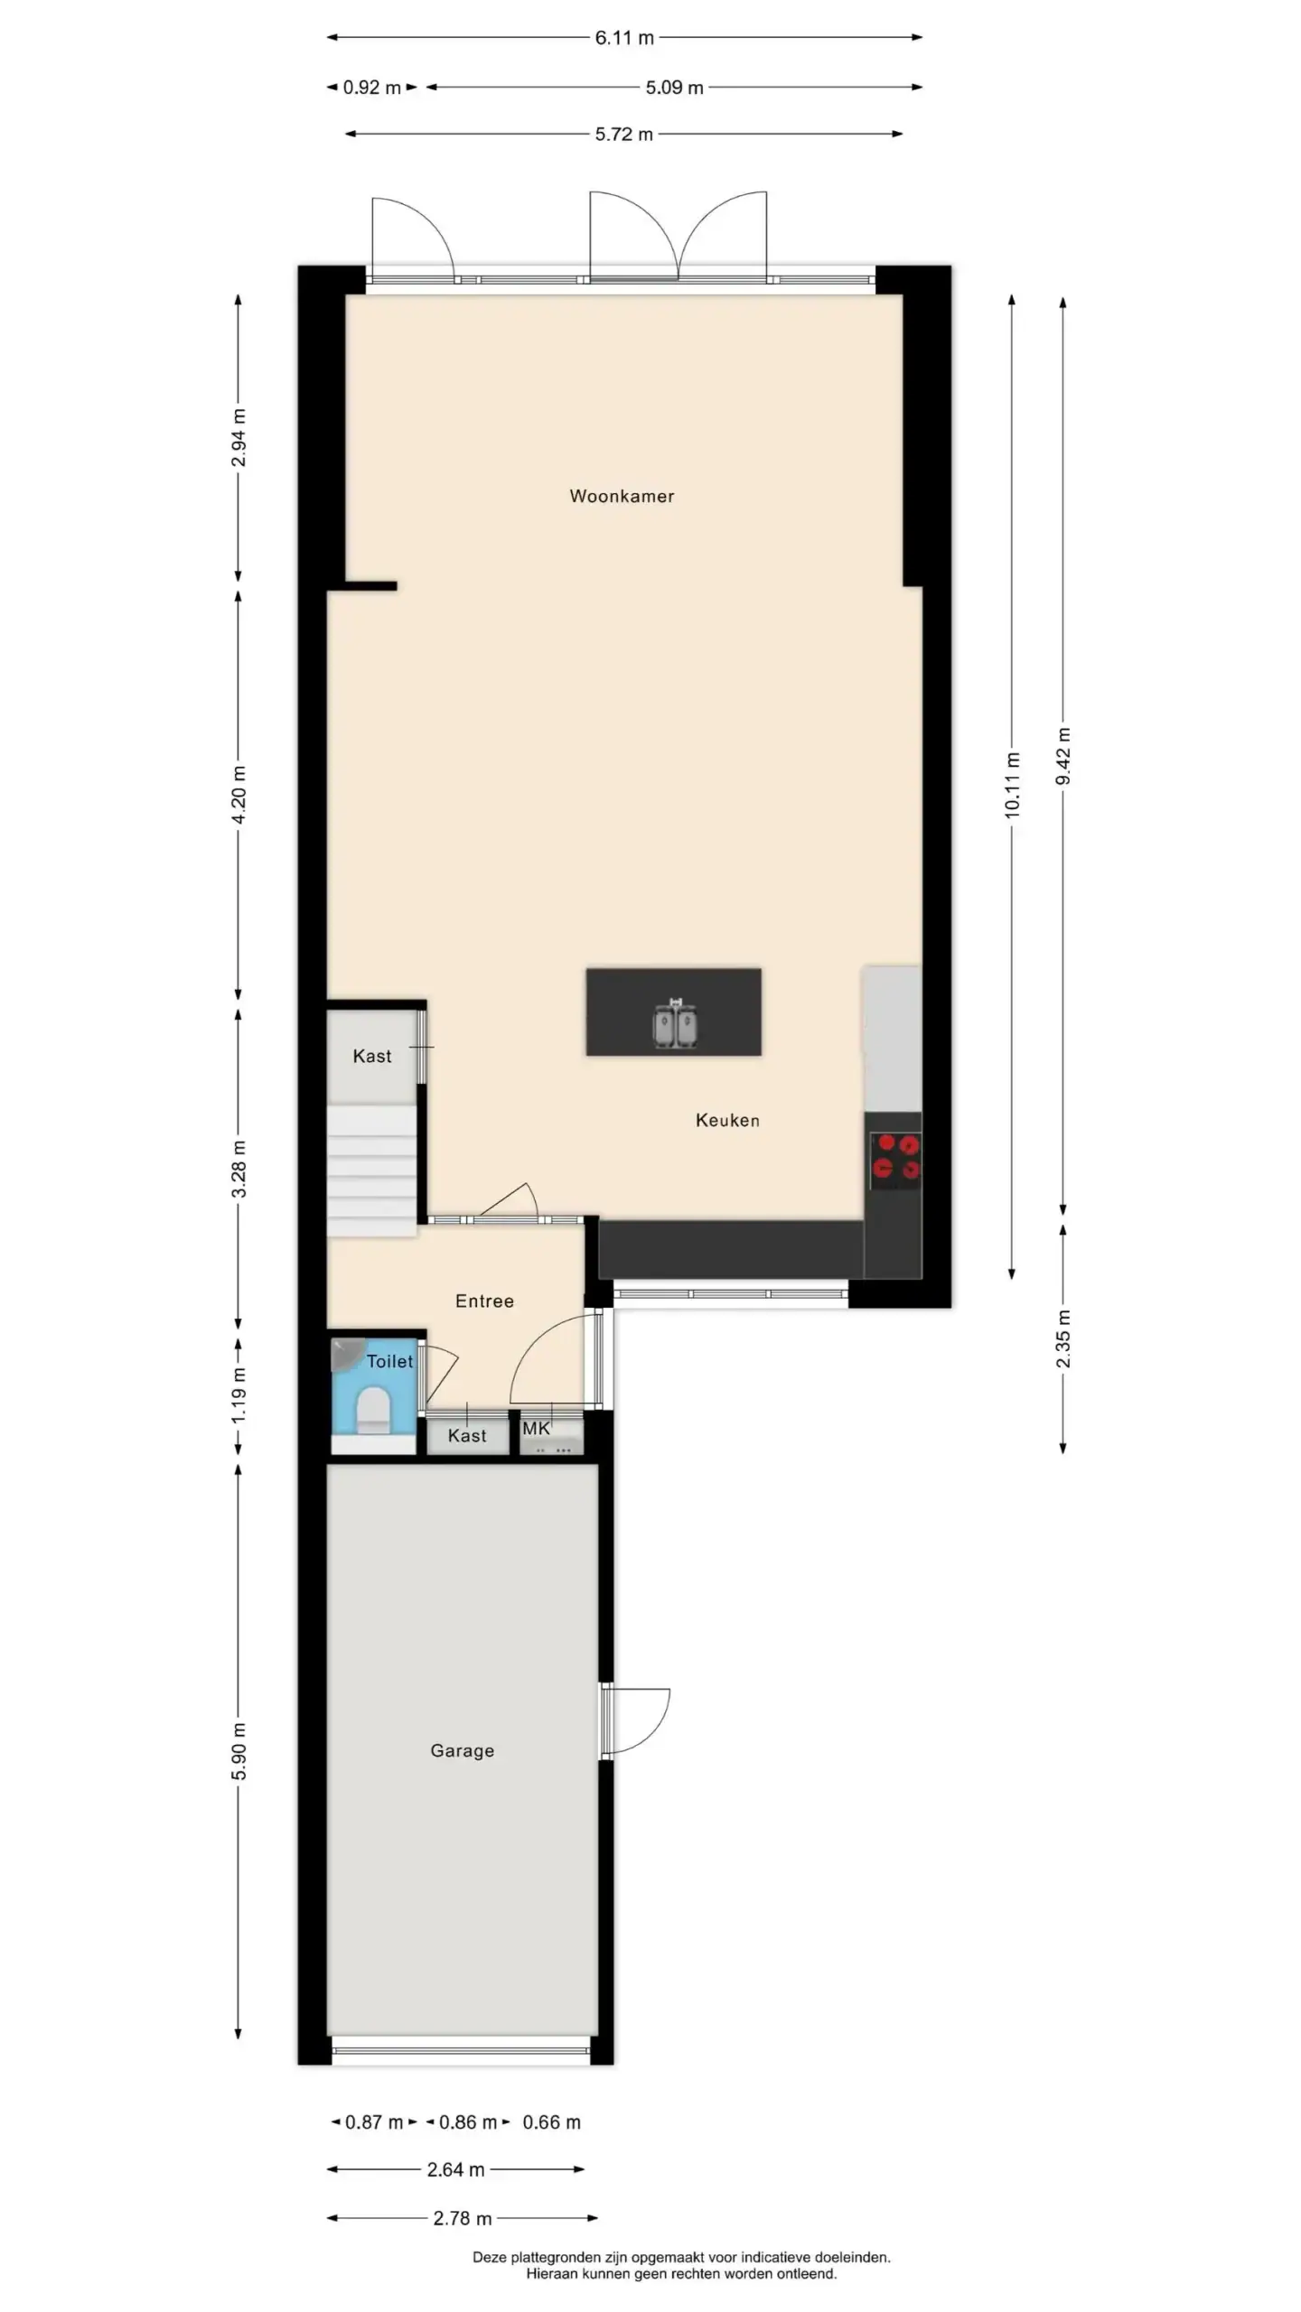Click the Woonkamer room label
tap(622, 496)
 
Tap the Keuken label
tap(727, 1120)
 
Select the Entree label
tap(484, 1300)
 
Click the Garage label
tap(462, 1750)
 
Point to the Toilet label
tap(389, 1361)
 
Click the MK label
tap(536, 1428)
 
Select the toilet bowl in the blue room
tap(373, 1411)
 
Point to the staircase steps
tap(371, 1170)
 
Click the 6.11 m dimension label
tap(624, 38)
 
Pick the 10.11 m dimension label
tap(1012, 786)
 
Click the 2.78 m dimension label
tap(463, 2218)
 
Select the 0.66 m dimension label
tap(551, 2122)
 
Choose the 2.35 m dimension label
tap(1063, 1338)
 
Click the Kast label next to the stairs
tap(372, 1056)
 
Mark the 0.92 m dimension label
tap(372, 88)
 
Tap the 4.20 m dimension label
tap(239, 795)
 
